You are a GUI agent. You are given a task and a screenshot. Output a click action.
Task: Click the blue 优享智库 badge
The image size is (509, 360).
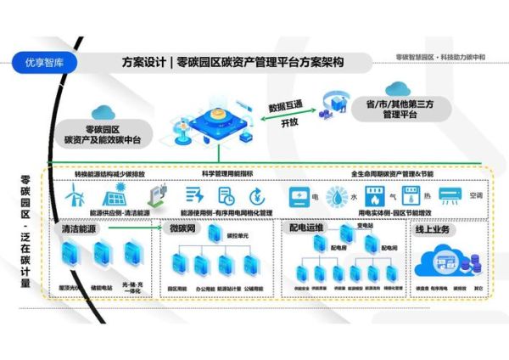41,61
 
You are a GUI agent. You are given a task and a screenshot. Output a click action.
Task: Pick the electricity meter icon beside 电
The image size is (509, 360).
299,196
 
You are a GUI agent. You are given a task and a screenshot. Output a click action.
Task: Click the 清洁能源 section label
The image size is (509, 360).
78,229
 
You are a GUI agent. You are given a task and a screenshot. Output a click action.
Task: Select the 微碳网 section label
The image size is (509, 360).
182,229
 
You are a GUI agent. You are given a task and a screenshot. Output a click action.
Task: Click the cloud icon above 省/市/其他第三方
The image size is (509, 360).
396,89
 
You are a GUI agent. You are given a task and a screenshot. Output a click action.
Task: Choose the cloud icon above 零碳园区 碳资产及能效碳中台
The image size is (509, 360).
103,112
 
